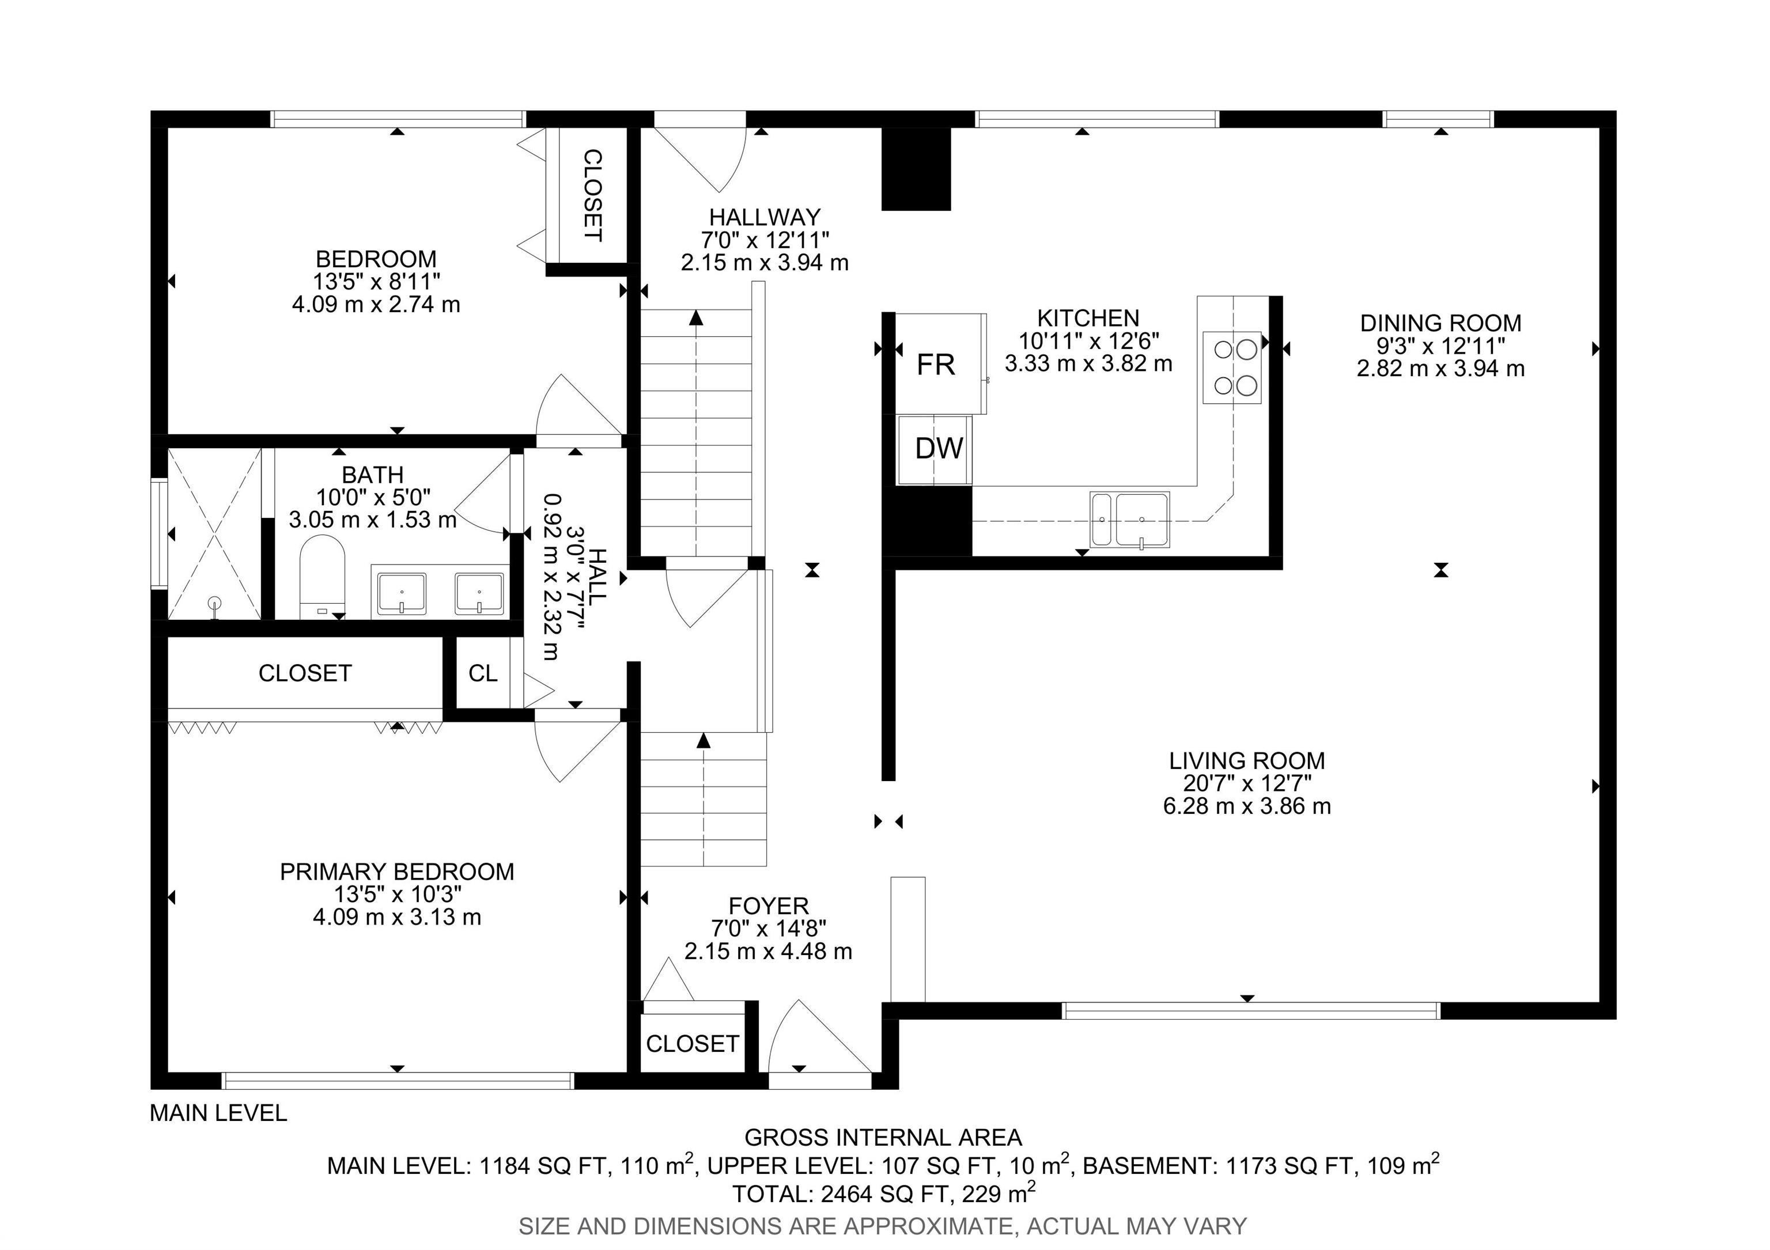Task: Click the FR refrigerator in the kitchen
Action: (x=940, y=363)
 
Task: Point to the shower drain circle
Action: (x=214, y=602)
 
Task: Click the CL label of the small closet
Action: (x=483, y=673)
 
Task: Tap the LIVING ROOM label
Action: (x=1247, y=760)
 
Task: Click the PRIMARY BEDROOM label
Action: (x=396, y=872)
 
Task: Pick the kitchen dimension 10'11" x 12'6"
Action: (x=1088, y=340)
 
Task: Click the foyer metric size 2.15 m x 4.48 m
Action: (x=768, y=951)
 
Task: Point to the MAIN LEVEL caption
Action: (x=218, y=1113)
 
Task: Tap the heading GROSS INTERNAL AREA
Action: (x=883, y=1138)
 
